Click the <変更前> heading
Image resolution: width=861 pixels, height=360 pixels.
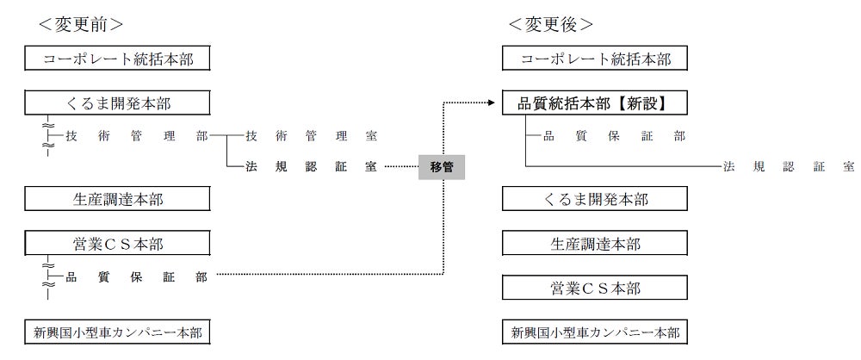81,24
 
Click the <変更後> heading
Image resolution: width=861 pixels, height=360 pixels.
551,24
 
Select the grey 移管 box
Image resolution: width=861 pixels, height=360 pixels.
441,167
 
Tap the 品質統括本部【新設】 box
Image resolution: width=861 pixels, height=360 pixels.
595,104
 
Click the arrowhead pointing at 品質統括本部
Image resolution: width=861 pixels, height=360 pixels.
493,104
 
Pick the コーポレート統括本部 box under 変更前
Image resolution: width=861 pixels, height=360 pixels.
118,59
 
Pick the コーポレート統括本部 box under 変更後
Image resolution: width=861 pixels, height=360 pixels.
595,59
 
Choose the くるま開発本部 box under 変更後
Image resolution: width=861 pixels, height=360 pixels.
595,199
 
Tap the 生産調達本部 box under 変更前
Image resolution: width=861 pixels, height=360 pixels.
118,199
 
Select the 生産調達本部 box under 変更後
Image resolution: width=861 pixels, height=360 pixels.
595,244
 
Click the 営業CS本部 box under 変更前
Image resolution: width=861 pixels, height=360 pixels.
118,244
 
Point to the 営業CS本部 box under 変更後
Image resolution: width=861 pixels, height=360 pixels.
595,288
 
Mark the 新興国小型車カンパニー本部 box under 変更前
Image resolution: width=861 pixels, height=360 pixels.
118,332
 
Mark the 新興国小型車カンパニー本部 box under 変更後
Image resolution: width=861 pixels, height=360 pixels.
595,332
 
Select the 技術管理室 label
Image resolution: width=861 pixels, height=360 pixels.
311,136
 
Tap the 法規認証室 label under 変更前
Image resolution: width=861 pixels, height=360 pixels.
311,167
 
